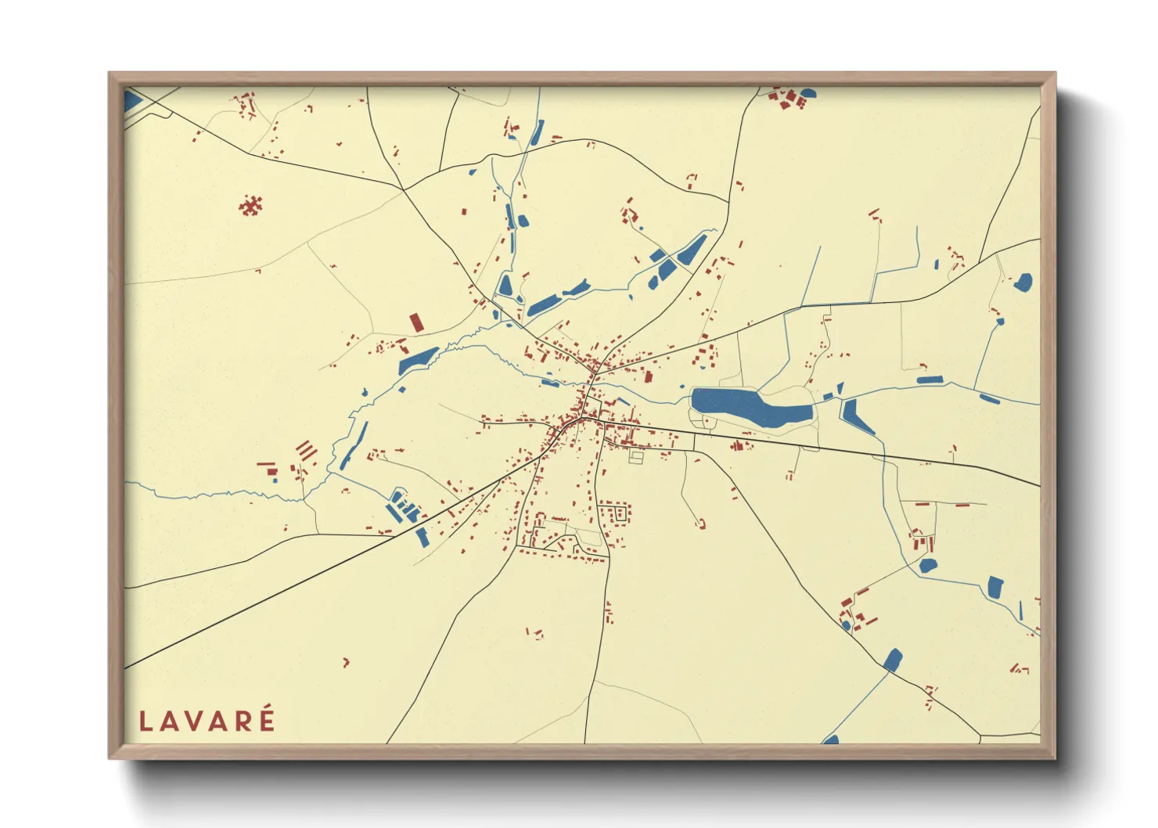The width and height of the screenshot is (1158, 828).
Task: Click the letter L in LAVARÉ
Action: click(145, 721)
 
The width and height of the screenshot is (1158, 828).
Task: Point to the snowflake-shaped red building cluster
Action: click(250, 206)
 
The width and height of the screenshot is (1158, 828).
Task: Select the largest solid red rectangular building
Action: click(416, 322)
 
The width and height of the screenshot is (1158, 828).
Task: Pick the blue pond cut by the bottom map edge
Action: click(831, 740)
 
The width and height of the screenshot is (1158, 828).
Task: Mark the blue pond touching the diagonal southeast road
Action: click(893, 660)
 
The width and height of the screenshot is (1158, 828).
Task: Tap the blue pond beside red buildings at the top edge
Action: click(807, 93)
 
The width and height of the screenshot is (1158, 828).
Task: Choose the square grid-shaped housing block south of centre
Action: click(615, 513)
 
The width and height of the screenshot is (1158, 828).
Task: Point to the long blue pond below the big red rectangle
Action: click(418, 360)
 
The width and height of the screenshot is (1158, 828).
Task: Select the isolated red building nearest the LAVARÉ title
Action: click(346, 663)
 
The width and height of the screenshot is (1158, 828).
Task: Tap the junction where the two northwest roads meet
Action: click(404, 189)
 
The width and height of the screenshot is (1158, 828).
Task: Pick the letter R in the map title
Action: click(243, 721)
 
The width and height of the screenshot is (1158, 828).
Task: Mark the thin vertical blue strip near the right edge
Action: click(1021, 610)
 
